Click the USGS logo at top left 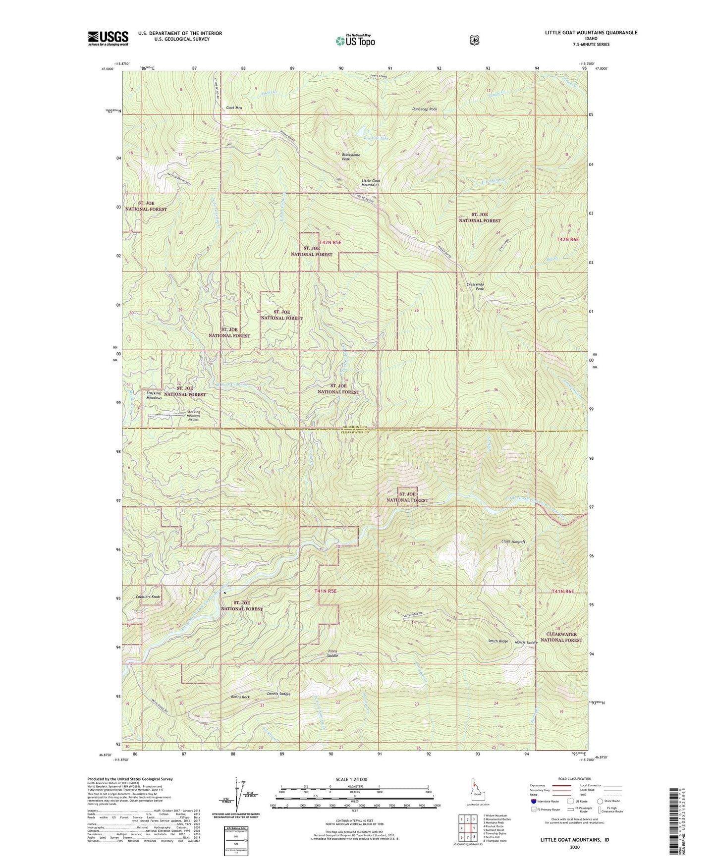tap(108, 38)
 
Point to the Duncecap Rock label tap(425, 109)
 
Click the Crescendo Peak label tap(475, 286)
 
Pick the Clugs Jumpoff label tap(513, 541)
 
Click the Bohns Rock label tap(240, 697)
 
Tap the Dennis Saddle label tap(278, 694)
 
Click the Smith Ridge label tap(497, 641)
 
